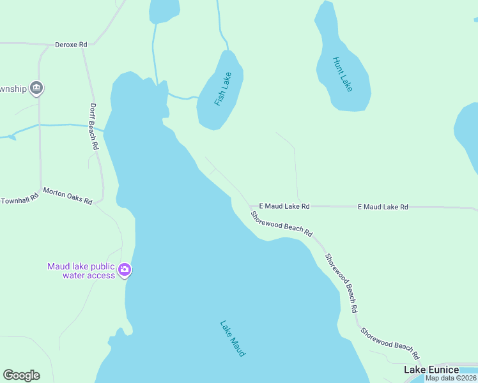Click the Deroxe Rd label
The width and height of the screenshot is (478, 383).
[71, 45]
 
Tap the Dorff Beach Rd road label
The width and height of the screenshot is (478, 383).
[94, 126]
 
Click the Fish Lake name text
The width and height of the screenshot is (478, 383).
[222, 89]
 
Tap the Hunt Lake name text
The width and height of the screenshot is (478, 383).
[343, 74]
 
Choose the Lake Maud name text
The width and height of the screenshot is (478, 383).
[233, 338]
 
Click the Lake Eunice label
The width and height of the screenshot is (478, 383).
[431, 370]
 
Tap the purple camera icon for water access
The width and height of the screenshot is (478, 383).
[125, 270]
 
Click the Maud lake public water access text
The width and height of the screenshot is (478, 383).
[81, 271]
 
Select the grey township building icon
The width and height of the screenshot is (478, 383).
[36, 88]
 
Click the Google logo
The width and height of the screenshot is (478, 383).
[21, 375]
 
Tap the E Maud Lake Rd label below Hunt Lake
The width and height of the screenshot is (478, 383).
[382, 207]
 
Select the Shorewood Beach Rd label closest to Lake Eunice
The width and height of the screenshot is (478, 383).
[389, 343]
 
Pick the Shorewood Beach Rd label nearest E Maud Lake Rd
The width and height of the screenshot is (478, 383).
[281, 224]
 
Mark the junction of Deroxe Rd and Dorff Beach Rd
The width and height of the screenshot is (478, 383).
[82, 46]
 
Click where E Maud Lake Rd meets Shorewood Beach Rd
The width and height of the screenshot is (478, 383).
[249, 206]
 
